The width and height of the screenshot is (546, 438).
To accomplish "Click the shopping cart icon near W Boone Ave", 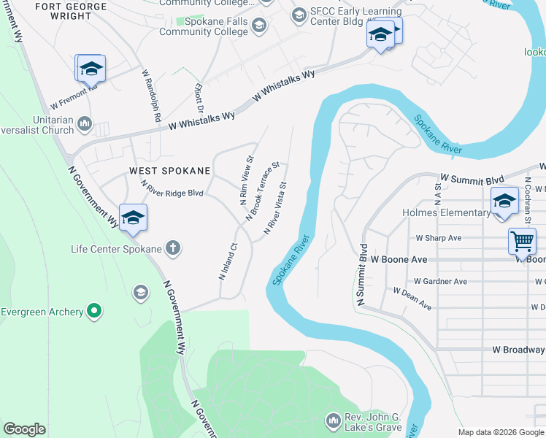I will tap(522, 240).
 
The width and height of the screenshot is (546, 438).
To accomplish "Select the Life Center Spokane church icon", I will tap(172, 249).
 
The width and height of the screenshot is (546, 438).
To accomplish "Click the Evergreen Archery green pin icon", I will tap(93, 312).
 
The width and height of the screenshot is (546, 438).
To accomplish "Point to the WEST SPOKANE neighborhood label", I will tap(170, 171).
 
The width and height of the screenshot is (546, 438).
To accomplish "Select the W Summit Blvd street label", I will tap(472, 177).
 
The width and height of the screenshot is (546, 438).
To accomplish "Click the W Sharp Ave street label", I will tap(439, 238).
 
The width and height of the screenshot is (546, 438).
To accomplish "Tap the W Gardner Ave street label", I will tap(440, 281).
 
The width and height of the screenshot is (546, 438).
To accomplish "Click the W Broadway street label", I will tap(518, 350).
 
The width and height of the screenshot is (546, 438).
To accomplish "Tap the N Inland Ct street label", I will tap(228, 261).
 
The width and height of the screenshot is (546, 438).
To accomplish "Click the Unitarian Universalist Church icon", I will tap(85, 124).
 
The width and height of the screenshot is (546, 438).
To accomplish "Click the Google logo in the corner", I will tap(24, 429).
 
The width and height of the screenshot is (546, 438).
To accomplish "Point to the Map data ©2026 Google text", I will tap(501, 432).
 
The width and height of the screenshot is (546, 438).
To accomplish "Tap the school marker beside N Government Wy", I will tap(133, 218).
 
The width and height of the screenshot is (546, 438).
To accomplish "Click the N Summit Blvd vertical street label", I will tap(361, 274).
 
